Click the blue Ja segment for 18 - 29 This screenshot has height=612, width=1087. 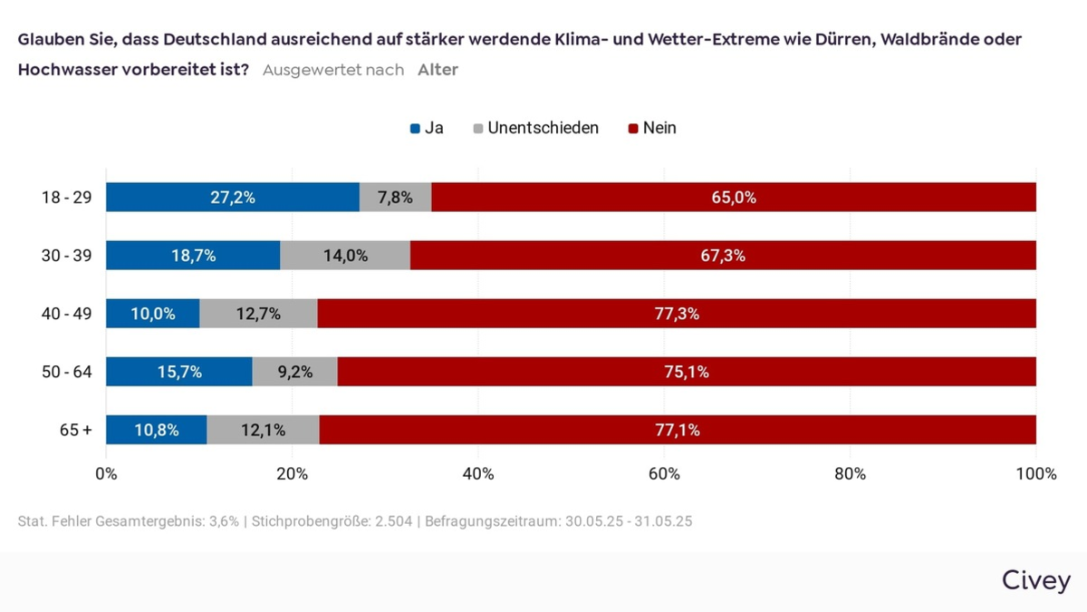(x=233, y=198)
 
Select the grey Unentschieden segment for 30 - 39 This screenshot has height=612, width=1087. (x=345, y=256)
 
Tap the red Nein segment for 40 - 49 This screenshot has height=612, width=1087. (x=677, y=314)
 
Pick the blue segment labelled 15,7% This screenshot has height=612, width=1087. (x=178, y=372)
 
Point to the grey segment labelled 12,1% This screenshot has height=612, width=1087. (x=263, y=430)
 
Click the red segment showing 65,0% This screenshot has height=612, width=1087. (x=734, y=198)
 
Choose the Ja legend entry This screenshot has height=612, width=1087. (x=427, y=128)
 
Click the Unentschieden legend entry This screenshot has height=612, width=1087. (x=535, y=128)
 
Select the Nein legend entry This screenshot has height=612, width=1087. (x=652, y=128)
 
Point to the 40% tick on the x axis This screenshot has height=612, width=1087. (x=478, y=473)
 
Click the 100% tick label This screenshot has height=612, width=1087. (x=1035, y=473)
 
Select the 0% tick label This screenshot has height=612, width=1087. (x=106, y=473)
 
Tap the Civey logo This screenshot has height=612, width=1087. (x=1035, y=580)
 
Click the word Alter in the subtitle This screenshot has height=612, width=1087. (x=438, y=70)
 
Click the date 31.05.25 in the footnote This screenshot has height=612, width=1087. (x=663, y=522)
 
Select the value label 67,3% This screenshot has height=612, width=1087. (x=723, y=256)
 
